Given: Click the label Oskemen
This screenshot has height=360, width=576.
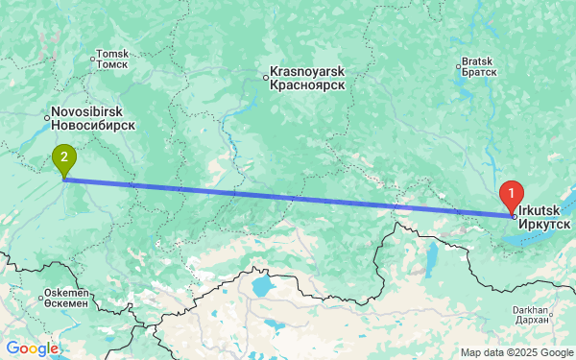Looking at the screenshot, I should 66,292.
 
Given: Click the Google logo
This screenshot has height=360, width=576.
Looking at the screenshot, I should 32,348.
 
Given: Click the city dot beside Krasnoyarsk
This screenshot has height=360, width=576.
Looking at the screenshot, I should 266,78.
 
